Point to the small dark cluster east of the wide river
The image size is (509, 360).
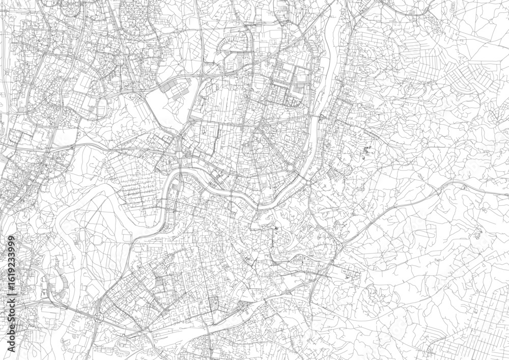(367, 151)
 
